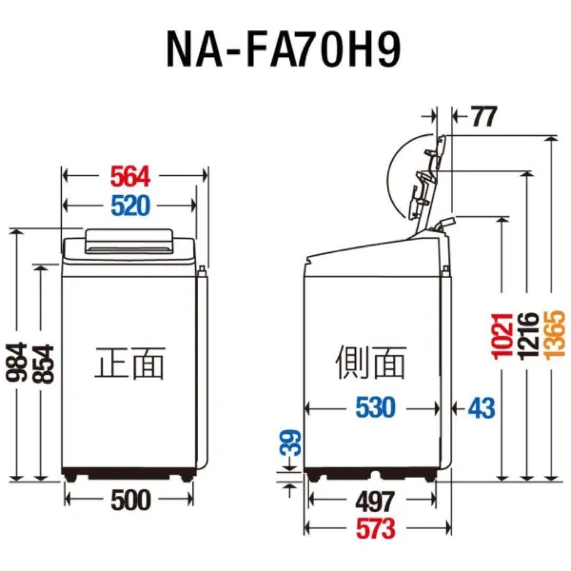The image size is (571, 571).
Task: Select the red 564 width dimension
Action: point(131,176)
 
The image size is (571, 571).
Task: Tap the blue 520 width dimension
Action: point(131,205)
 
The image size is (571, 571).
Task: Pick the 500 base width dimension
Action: point(131,500)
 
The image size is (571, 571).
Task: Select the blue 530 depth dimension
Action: point(374,408)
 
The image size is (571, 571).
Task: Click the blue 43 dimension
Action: point(481,408)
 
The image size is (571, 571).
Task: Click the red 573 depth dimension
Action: point(374,528)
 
